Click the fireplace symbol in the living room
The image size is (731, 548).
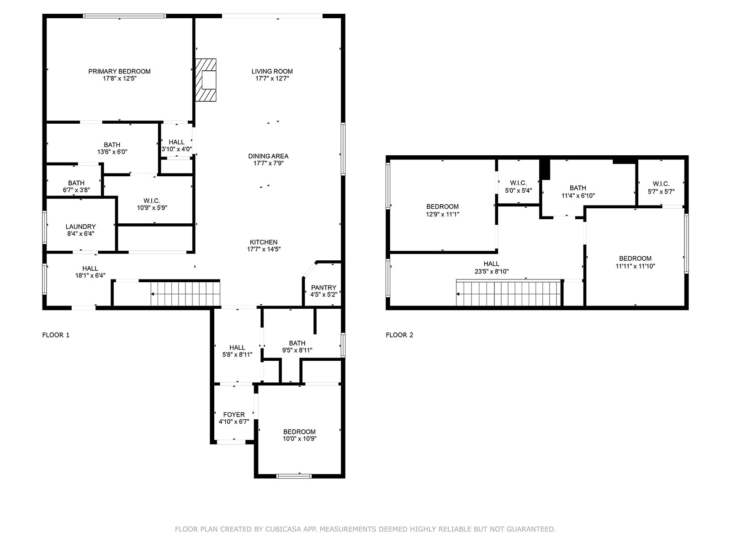(206, 80)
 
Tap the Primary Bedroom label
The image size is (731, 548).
(119, 71)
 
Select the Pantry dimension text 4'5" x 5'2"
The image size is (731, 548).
(323, 295)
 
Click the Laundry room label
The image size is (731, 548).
(80, 227)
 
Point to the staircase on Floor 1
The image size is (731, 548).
(185, 294)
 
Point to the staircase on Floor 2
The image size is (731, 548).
(508, 293)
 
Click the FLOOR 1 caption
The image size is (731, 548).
(56, 335)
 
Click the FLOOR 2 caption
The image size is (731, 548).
(399, 335)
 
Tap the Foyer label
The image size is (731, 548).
(234, 415)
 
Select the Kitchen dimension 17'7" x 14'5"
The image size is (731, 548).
(264, 249)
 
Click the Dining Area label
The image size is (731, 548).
(268, 156)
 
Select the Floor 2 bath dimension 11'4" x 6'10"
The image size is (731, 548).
(577, 195)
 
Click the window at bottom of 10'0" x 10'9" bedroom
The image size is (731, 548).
(294, 476)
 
